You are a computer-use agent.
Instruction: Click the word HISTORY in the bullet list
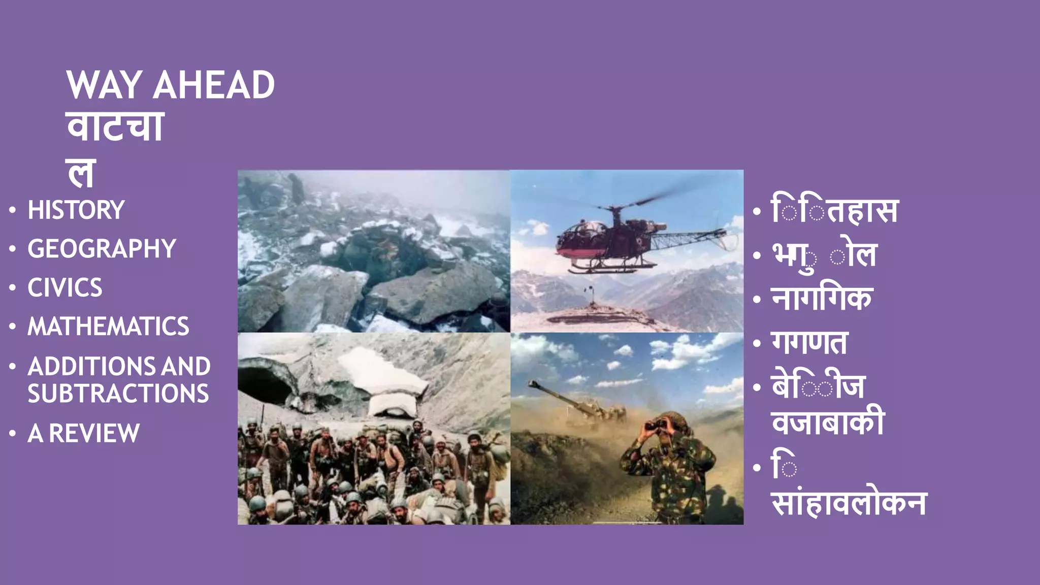click(76, 210)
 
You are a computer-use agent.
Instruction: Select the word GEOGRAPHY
click(102, 249)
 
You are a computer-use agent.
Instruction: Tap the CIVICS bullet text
click(65, 288)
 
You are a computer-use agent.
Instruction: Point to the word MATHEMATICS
click(108, 327)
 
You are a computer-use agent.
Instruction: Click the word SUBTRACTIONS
click(118, 394)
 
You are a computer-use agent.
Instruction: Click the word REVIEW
click(94, 434)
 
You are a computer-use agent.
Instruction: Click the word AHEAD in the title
click(214, 85)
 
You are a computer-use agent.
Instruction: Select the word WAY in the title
click(104, 85)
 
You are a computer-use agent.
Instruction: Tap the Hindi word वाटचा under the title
click(115, 127)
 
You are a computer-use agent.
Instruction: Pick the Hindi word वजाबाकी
click(828, 421)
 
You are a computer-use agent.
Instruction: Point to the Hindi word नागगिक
click(822, 299)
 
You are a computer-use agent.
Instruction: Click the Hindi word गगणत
click(809, 343)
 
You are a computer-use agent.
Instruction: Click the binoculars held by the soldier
click(655, 426)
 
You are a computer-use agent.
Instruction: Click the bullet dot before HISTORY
click(13, 210)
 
